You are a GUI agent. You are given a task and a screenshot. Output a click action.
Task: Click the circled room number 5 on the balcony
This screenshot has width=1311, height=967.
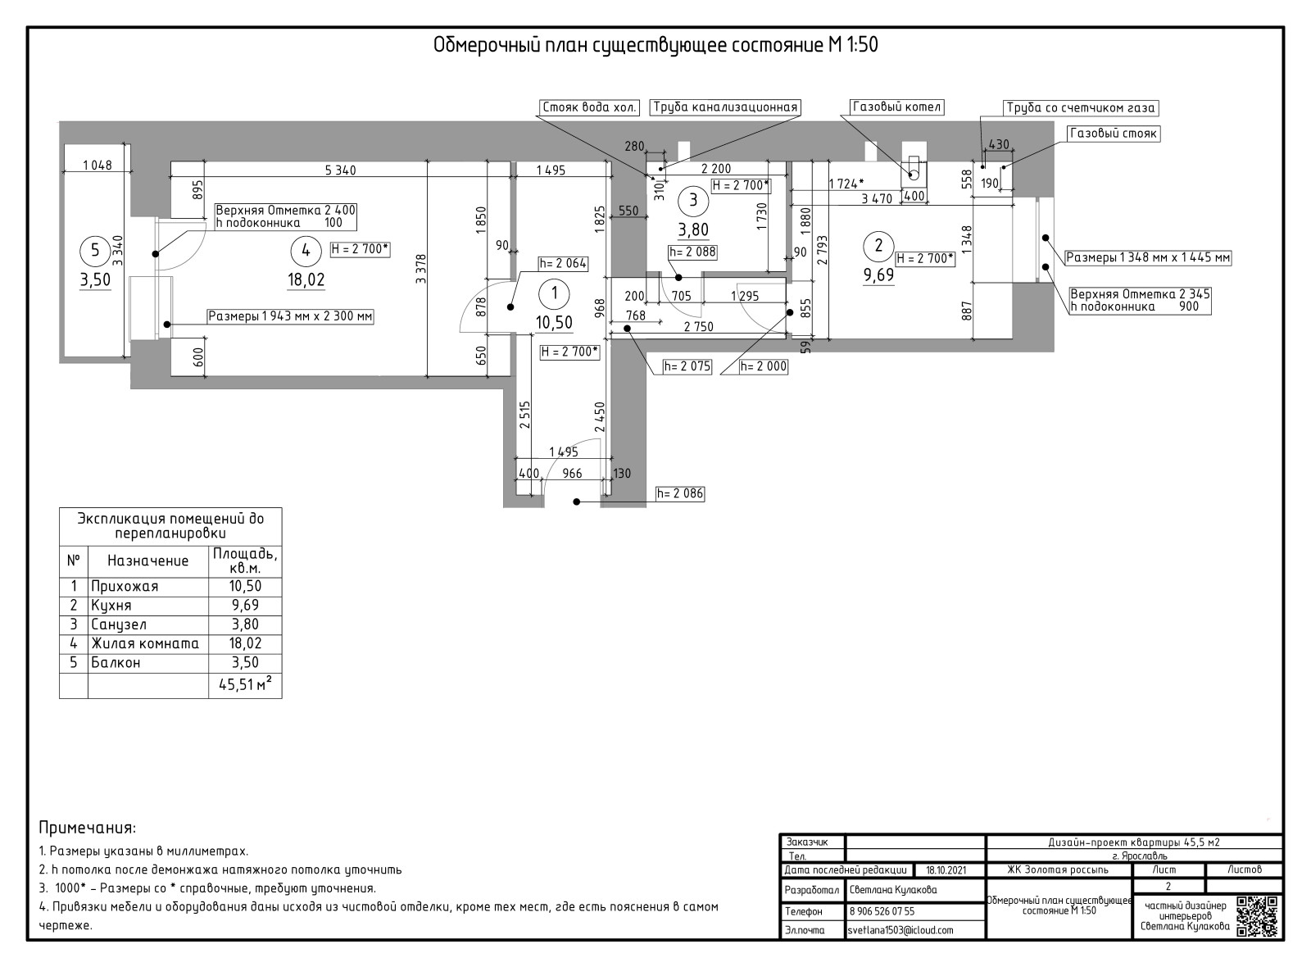[x=95, y=251]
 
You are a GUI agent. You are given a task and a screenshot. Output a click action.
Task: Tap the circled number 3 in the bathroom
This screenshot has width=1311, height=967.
[x=693, y=200]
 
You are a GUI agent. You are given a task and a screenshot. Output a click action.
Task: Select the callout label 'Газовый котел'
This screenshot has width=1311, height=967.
[x=896, y=107]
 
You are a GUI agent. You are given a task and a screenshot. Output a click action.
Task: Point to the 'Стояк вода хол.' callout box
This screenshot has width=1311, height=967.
[x=589, y=107]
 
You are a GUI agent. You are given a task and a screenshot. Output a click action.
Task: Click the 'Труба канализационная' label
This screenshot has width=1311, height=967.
[x=725, y=107]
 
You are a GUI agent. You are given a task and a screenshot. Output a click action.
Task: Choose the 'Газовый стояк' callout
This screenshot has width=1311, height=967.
[x=1114, y=134]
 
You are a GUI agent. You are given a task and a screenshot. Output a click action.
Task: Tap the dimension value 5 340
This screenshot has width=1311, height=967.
[x=340, y=170]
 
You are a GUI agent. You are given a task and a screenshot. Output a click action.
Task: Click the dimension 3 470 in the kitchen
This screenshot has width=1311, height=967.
[x=877, y=199]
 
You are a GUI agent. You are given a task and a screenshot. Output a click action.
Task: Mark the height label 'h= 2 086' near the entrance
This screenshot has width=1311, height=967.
[x=679, y=493]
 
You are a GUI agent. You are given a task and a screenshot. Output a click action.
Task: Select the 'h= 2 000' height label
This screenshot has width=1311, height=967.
[x=763, y=366]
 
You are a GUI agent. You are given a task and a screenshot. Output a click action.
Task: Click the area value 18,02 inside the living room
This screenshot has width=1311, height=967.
[x=306, y=279]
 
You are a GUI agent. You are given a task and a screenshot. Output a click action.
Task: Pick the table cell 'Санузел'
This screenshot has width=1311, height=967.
[x=119, y=624]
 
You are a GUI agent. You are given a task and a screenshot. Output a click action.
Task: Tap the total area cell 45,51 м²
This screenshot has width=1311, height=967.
[x=245, y=683]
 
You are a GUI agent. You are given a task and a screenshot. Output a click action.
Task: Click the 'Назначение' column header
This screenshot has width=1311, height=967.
[x=148, y=561]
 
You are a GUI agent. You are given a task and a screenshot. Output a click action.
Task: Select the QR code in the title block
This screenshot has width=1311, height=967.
[x=1256, y=917]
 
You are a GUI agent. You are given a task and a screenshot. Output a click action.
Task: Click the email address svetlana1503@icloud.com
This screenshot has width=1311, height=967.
[x=900, y=930]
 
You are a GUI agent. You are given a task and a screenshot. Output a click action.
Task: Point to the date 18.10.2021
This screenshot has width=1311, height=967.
[x=946, y=869]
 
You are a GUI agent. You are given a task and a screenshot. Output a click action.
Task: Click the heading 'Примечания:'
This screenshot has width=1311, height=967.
[x=87, y=828]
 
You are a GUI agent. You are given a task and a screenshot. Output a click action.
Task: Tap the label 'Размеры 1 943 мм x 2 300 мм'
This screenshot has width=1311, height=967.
[x=290, y=316]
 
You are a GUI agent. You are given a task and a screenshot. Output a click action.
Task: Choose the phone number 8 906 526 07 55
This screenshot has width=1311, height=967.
[x=882, y=911]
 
